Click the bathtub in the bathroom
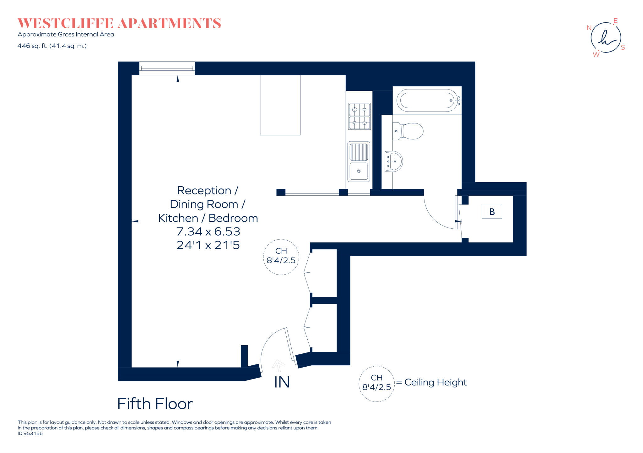[427, 101]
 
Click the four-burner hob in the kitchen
[359, 116]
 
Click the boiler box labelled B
[492, 212]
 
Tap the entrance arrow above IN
[278, 365]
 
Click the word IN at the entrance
[282, 382]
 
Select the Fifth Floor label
[155, 404]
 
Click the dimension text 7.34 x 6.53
[208, 232]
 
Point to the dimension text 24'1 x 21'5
[208, 245]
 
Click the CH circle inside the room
[281, 257]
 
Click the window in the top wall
[167, 68]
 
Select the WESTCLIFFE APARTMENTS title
[119, 24]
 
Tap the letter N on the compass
[589, 28]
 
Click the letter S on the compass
[623, 47]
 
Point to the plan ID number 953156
[33, 434]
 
